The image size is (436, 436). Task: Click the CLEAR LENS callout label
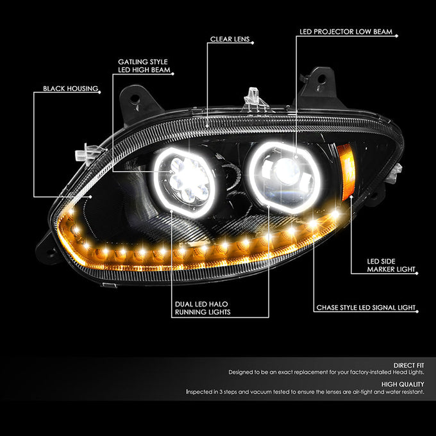[x=230, y=39]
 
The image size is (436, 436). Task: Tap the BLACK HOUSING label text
[x=71, y=88]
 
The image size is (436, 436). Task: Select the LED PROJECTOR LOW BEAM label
[x=346, y=31]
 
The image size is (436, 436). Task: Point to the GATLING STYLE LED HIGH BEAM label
[x=144, y=66]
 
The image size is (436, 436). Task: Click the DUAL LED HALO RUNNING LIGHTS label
[x=203, y=308]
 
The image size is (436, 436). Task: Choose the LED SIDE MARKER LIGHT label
[x=391, y=265]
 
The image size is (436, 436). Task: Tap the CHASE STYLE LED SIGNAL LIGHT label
[x=366, y=308]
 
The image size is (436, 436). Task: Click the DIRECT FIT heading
[x=409, y=365]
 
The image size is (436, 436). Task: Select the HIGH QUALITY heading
[x=403, y=384]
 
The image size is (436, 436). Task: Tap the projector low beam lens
[x=287, y=172]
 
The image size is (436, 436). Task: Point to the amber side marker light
[x=346, y=172]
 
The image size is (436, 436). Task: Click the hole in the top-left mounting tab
[x=135, y=99]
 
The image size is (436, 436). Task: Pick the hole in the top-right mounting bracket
[x=321, y=79]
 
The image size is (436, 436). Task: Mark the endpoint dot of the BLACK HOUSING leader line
[x=91, y=197]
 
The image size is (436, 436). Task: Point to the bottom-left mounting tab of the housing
[x=47, y=249]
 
